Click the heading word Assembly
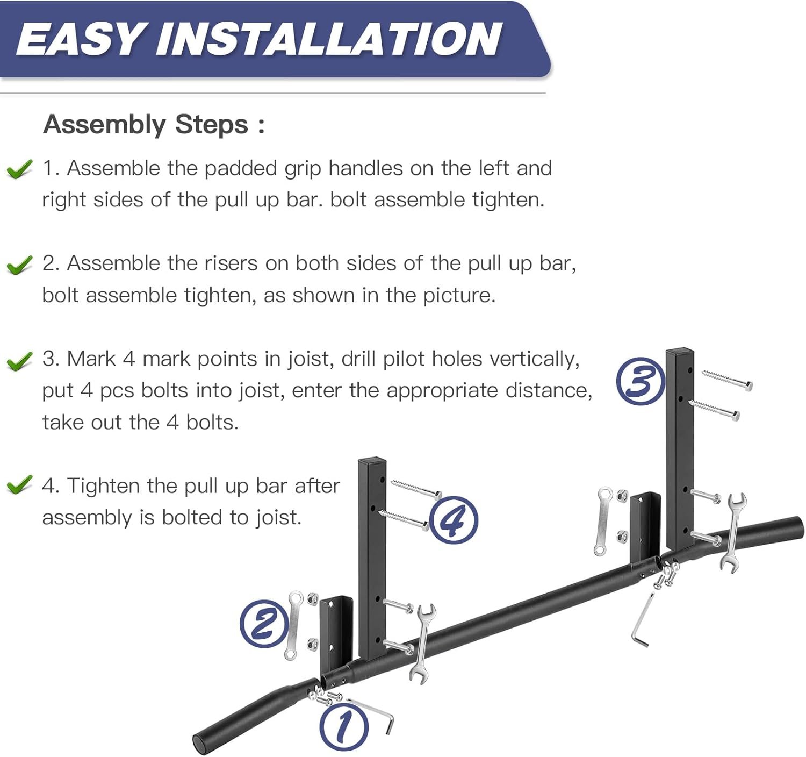(x=105, y=125)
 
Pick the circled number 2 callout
(x=264, y=623)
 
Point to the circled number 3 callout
(x=641, y=381)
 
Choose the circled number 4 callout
(x=454, y=520)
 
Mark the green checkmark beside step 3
(x=19, y=361)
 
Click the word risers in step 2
(x=231, y=263)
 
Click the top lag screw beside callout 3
(x=727, y=380)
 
